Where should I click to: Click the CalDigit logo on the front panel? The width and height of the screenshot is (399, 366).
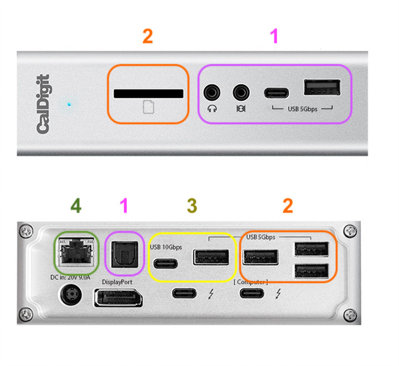(44, 104)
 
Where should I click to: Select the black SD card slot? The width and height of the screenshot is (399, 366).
(149, 94)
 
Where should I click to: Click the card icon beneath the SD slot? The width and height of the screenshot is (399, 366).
(148, 107)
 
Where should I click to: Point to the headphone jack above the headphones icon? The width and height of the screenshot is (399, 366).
(212, 91)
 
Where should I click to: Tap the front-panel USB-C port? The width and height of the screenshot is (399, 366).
(277, 92)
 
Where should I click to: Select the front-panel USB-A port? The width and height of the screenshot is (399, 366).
(321, 88)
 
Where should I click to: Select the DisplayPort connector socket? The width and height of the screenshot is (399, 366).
(117, 297)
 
